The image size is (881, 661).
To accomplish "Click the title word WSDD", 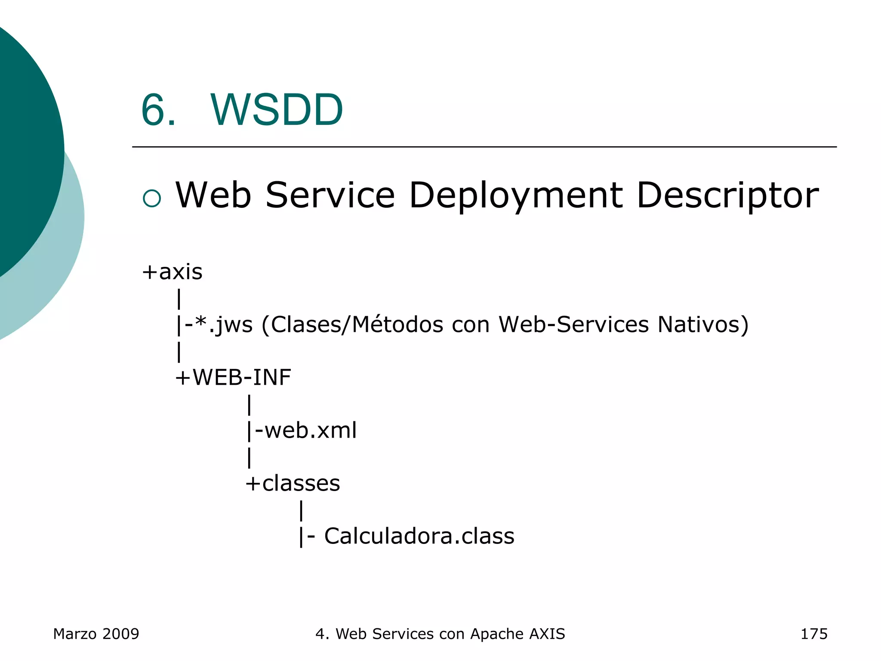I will coord(277,110).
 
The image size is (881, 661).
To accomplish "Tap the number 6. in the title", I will coord(158,110).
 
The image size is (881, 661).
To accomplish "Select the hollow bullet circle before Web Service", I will coord(151,198).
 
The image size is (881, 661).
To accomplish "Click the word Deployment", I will coord(515,196).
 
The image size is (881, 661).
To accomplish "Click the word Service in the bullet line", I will coord(330,195).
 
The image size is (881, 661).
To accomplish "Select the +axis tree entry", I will coord(173,272).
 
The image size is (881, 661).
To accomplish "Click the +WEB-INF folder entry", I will coord(233,377).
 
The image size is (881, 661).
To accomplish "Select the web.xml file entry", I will coord(310,430).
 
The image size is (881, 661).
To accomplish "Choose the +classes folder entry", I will coord(293,483).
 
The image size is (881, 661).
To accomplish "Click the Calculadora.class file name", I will coord(419,536).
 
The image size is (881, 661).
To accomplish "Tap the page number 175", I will coord(813,634).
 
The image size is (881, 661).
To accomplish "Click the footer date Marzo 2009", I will coord(96,634).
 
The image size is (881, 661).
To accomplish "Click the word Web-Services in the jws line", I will coord(573,324).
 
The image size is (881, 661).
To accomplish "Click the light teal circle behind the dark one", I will coord(65,267).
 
